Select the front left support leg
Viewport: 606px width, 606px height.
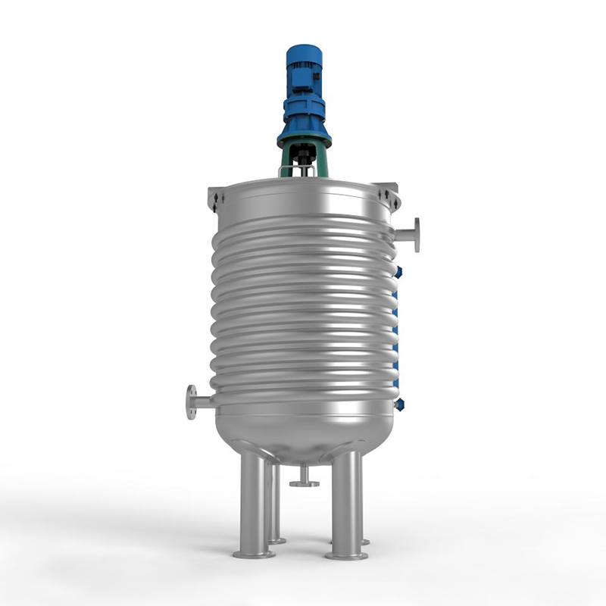point(253,504)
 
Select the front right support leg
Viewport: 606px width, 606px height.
point(347,504)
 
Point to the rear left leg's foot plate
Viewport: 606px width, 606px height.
point(276,541)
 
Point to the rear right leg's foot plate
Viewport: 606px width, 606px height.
point(364,542)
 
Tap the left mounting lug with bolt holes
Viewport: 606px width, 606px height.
point(216,198)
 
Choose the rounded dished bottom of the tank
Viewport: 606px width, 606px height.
point(303,439)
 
